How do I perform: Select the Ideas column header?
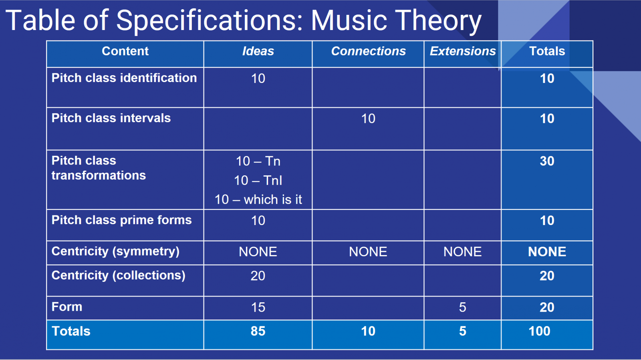tap(258, 51)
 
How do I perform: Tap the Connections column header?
tap(368, 51)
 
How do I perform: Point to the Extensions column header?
tap(463, 51)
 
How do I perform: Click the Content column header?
tap(125, 51)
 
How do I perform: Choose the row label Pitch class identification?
tap(124, 78)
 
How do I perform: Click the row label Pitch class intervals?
tap(111, 118)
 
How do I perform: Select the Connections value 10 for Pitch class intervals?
tap(368, 119)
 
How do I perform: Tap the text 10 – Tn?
tap(258, 161)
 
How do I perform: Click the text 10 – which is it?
tap(258, 199)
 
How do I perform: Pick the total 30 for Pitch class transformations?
tap(547, 161)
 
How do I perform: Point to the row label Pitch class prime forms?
tap(122, 220)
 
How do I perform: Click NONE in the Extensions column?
tap(462, 252)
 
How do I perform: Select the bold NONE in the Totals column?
tap(547, 252)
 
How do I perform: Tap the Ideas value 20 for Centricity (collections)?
tap(258, 276)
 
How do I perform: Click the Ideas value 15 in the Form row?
tap(258, 308)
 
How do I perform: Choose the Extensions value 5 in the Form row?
tap(462, 308)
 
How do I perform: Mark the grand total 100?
tap(539, 331)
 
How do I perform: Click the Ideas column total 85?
tap(258, 331)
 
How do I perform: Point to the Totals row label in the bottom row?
tap(71, 331)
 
